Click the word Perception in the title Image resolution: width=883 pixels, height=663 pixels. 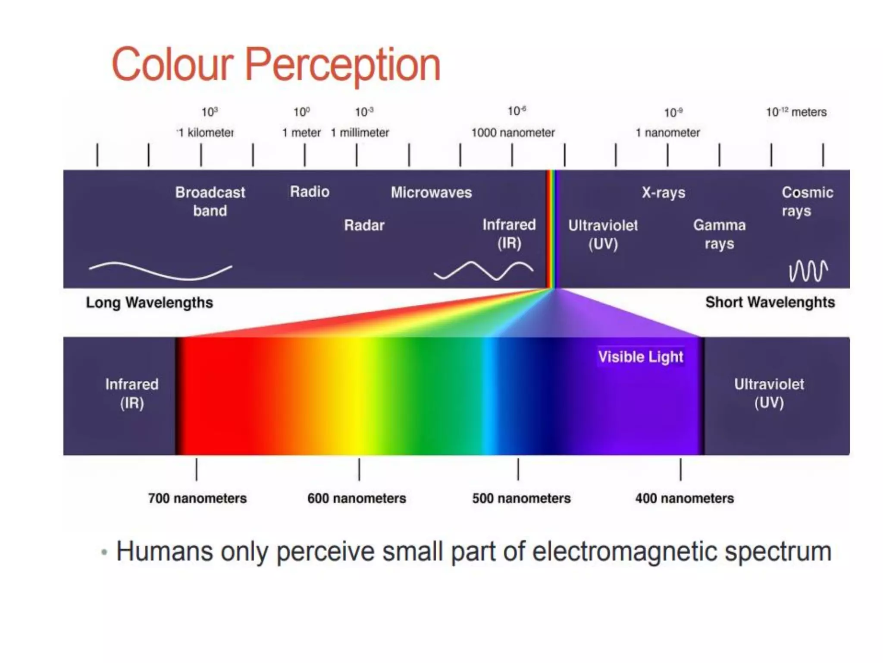(343, 65)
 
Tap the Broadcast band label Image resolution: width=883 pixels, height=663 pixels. (210, 201)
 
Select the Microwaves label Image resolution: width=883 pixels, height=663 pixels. (431, 192)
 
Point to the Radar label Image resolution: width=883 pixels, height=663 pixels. (364, 225)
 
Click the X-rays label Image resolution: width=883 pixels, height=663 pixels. (663, 192)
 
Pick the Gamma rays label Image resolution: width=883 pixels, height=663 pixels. (719, 234)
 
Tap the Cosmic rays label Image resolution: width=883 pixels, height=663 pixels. (807, 201)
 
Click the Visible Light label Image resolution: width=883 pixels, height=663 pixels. (641, 357)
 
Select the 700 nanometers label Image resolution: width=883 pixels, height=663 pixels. (197, 498)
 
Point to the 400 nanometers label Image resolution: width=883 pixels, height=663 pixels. (684, 498)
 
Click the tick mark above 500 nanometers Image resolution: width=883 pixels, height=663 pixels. (518, 469)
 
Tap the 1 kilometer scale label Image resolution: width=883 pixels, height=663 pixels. (206, 133)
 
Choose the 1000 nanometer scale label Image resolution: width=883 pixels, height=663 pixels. (513, 133)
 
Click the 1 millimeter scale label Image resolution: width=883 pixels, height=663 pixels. (360, 133)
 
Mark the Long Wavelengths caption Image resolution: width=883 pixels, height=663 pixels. (149, 303)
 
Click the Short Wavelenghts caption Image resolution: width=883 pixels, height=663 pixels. (770, 302)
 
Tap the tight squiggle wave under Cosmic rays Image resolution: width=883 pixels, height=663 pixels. (808, 271)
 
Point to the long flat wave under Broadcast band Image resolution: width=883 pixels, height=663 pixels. (160, 271)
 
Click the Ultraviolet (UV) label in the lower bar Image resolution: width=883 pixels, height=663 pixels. (769, 393)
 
